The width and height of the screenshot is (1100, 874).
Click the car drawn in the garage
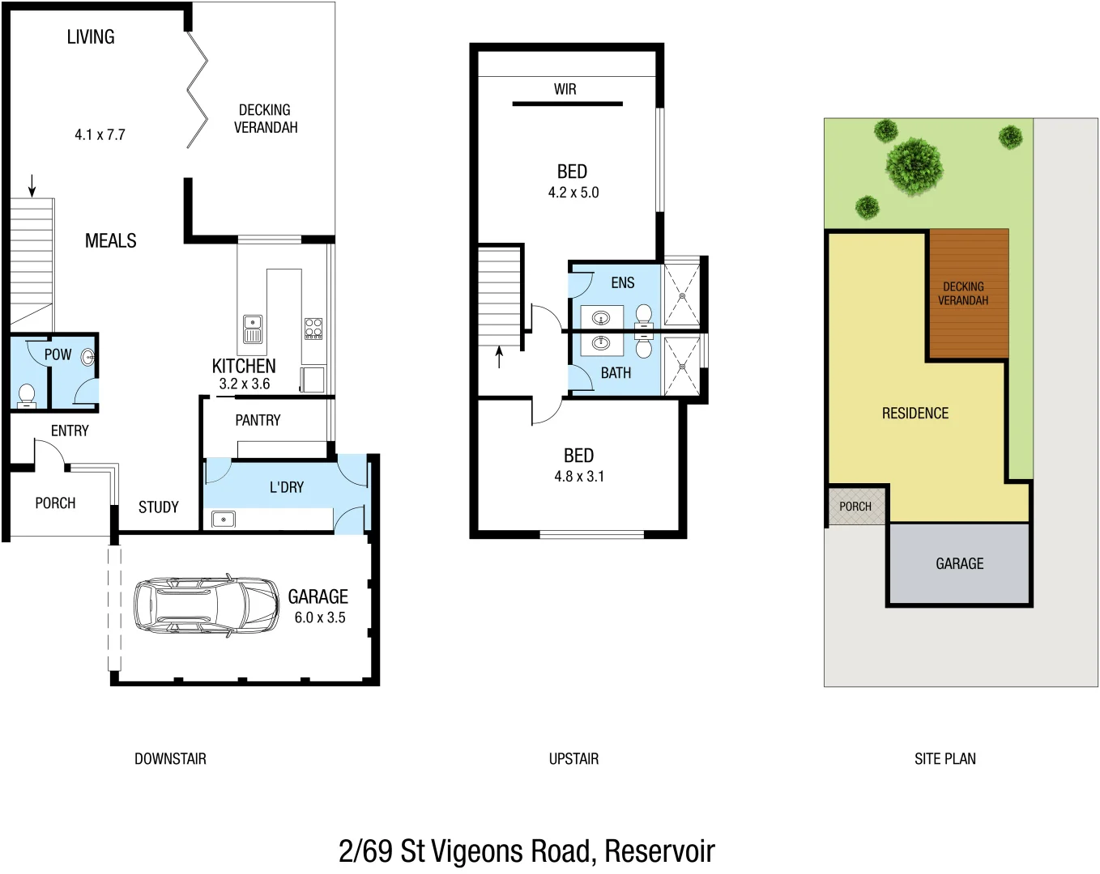pyautogui.click(x=206, y=605)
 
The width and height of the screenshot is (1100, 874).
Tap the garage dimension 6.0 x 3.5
pyautogui.click(x=319, y=617)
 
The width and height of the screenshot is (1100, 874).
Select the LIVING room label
pyautogui.click(x=91, y=37)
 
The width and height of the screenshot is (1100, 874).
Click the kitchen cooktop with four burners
pyautogui.click(x=313, y=328)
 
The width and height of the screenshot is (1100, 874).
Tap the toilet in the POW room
pyautogui.click(x=27, y=395)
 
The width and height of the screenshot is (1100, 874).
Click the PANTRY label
pyautogui.click(x=258, y=420)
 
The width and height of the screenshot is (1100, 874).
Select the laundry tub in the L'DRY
pyautogui.click(x=224, y=519)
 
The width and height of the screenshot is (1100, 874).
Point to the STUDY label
pyautogui.click(x=158, y=507)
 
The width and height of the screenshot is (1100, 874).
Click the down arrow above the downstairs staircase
pyautogui.click(x=32, y=185)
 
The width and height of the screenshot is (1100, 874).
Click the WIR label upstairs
pyautogui.click(x=565, y=89)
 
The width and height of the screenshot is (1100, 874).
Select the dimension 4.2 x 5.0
pyautogui.click(x=573, y=193)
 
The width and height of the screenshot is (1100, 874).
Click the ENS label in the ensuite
pyautogui.click(x=622, y=282)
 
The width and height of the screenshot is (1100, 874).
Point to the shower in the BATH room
pyautogui.click(x=682, y=366)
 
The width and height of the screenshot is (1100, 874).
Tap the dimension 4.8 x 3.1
pyautogui.click(x=579, y=477)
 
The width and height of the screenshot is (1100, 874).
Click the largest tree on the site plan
pyautogui.click(x=914, y=167)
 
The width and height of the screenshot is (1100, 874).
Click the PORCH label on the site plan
pyautogui.click(x=855, y=507)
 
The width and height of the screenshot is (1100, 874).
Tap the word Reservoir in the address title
pyautogui.click(x=659, y=851)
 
